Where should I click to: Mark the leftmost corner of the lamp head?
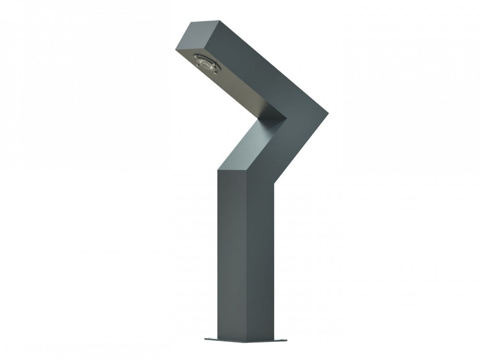click(176, 49)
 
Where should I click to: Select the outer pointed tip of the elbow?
click(328, 113)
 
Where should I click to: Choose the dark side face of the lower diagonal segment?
click(293, 149)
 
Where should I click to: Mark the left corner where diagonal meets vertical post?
click(218, 169)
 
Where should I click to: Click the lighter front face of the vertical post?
click(233, 254)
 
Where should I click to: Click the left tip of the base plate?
click(205, 339)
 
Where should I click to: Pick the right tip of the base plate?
click(287, 340)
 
